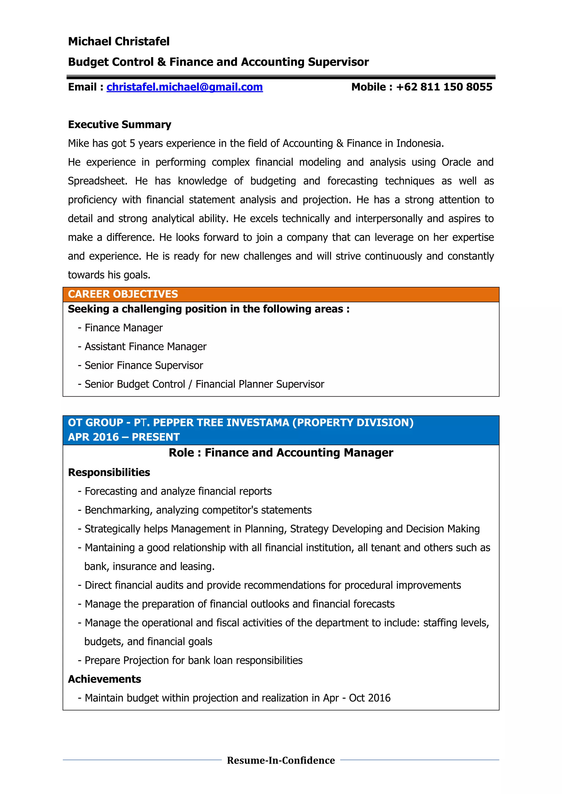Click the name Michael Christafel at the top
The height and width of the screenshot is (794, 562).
(119, 41)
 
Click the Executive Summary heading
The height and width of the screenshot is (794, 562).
(119, 125)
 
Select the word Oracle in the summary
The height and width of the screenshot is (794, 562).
(456, 162)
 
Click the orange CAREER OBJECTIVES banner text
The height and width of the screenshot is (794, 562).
(123, 294)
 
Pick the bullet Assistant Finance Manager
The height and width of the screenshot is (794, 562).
(145, 346)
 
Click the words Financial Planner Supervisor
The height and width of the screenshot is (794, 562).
(260, 384)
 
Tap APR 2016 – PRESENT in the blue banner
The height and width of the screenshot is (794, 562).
(123, 437)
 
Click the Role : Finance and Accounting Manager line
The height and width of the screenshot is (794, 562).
(281, 453)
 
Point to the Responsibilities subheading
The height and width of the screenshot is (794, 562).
(109, 472)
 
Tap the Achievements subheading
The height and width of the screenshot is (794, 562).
(105, 679)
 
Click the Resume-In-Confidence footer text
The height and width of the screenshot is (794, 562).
(281, 761)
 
